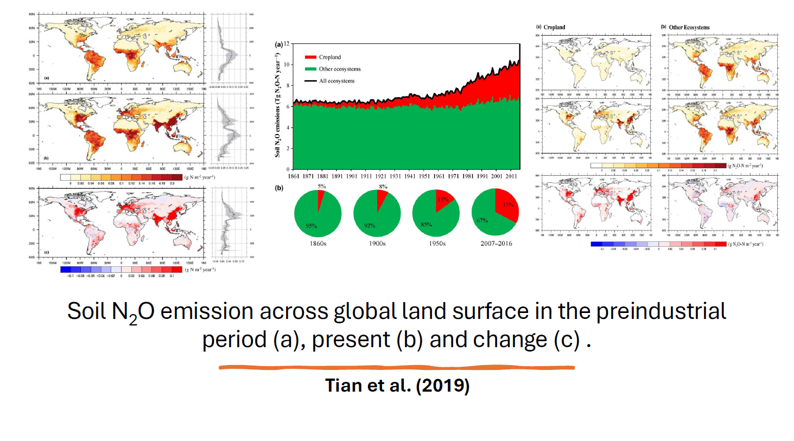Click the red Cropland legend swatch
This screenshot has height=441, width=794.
(x=310, y=57)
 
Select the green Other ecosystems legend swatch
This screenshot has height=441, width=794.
(x=310, y=69)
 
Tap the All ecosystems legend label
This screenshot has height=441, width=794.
(x=336, y=81)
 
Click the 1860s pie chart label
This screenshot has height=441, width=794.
(x=318, y=244)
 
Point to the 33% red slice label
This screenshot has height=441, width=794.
(x=508, y=204)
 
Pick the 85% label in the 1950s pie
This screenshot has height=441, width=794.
(x=426, y=224)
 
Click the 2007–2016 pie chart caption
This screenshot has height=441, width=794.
(x=496, y=244)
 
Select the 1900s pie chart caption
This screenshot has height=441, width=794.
(x=377, y=244)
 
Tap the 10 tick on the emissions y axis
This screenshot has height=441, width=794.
(x=287, y=65)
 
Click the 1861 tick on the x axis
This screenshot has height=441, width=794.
(x=293, y=176)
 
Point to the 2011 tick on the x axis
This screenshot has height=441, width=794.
(x=511, y=176)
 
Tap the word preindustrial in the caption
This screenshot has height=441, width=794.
(x=661, y=311)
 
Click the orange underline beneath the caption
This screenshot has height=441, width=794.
(x=396, y=368)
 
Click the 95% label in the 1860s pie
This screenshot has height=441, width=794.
(x=311, y=226)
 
